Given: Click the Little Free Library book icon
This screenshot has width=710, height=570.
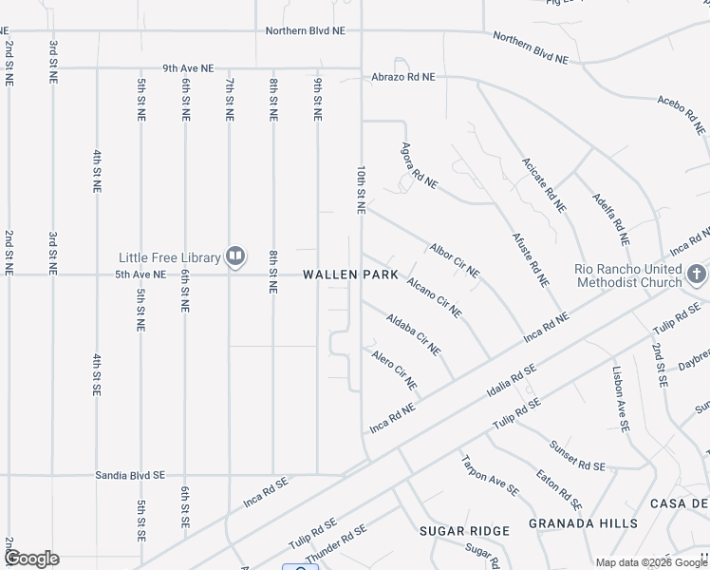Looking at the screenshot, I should pyautogui.click(x=234, y=256).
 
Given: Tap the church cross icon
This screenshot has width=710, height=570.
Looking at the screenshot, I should pyautogui.click(x=697, y=275).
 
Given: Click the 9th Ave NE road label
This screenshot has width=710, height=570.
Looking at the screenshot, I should pyautogui.click(x=188, y=68).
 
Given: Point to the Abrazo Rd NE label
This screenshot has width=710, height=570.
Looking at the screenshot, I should pyautogui.click(x=403, y=77).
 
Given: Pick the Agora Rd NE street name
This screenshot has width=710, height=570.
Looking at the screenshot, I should pyautogui.click(x=419, y=164).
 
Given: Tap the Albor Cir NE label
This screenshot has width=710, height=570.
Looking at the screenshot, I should pyautogui.click(x=455, y=258).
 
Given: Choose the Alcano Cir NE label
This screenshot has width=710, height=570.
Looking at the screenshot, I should pyautogui.click(x=435, y=297).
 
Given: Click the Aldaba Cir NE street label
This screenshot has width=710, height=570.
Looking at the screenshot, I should pyautogui.click(x=414, y=334).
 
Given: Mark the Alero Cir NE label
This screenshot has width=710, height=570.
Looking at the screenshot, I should pyautogui.click(x=395, y=370).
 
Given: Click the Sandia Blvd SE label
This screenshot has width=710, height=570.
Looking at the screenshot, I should pyautogui.click(x=131, y=475).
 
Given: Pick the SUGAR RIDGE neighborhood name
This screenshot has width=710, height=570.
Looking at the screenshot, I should pyautogui.click(x=464, y=530).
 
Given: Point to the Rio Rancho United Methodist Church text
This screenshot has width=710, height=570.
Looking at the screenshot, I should pyautogui.click(x=628, y=275).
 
